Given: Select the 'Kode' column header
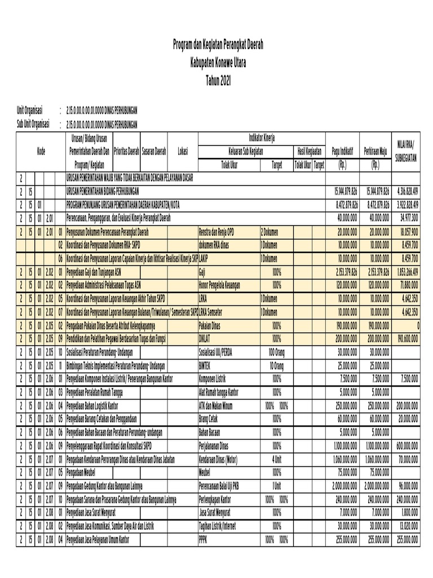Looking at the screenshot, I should pos(41,151).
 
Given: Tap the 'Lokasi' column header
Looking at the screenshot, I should pos(183,151).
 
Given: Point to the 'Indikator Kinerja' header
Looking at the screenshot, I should pos(262,138).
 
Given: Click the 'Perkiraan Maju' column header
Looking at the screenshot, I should pos(375,151).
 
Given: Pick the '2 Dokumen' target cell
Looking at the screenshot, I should pos(271,231).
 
